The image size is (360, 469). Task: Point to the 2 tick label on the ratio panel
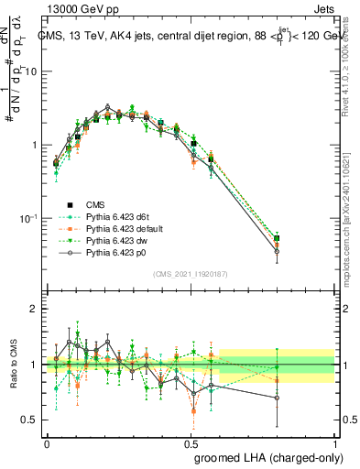pos(35,310)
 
